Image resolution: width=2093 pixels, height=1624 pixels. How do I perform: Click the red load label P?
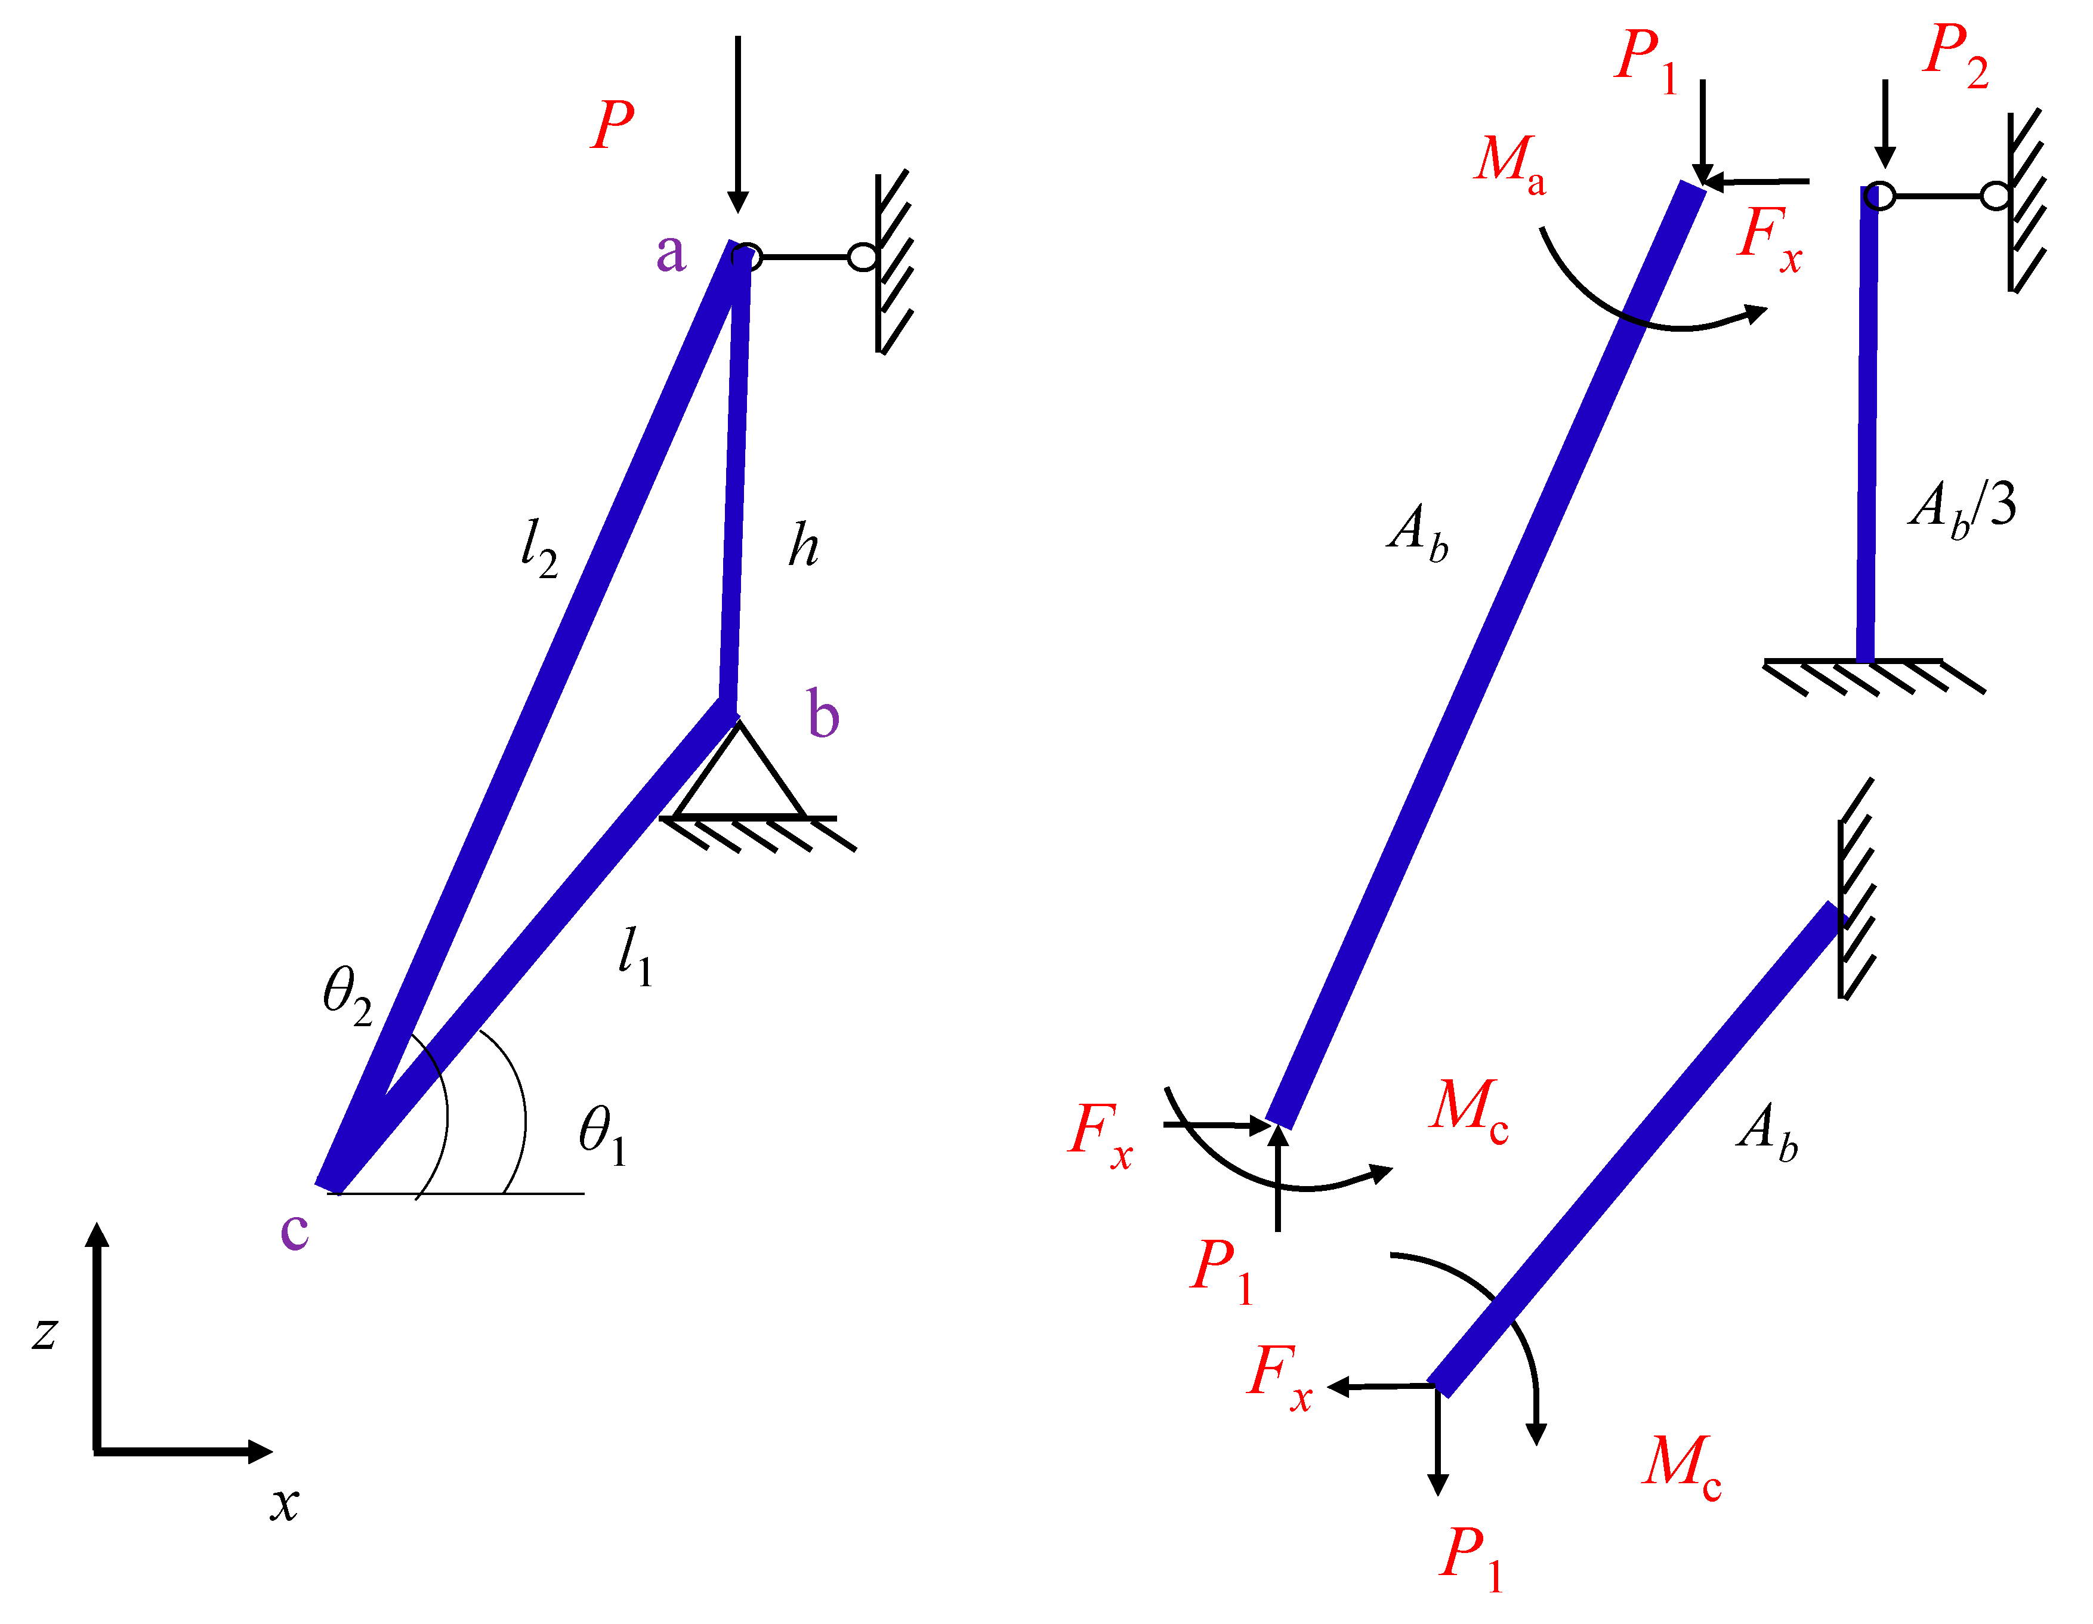[612, 125]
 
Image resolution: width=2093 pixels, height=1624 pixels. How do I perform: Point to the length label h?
[803, 546]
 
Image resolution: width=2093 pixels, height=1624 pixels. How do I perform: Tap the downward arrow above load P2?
[1885, 125]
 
